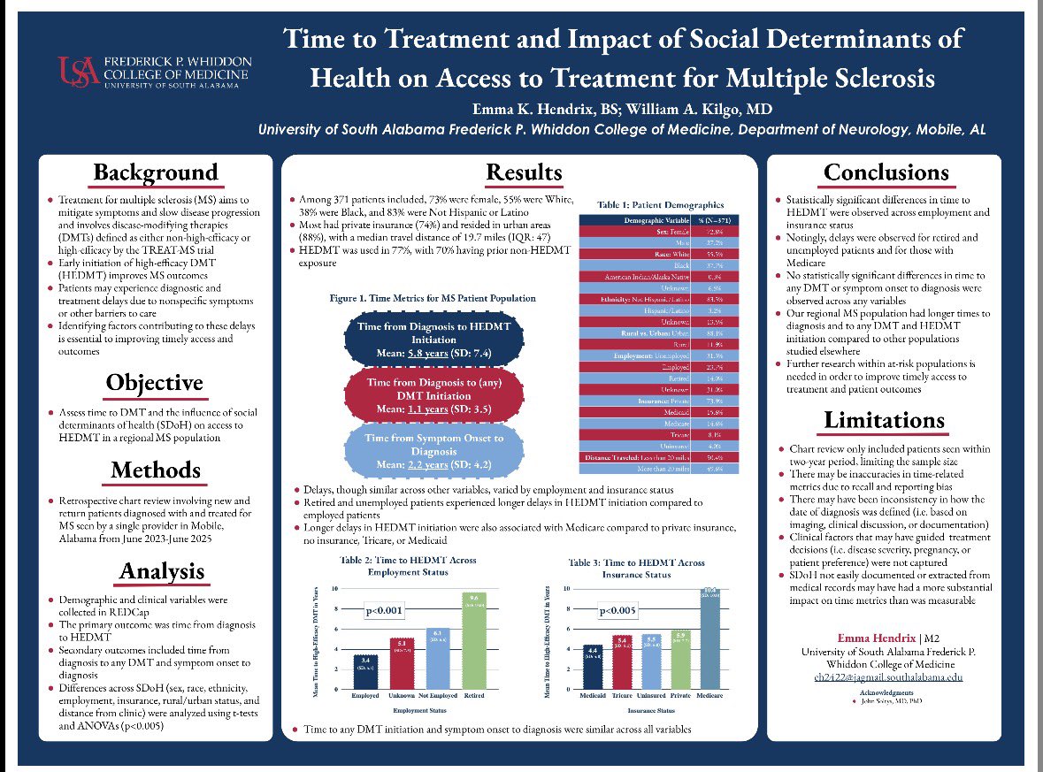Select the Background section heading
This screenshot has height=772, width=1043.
click(155, 172)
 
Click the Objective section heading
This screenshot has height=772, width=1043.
click(155, 383)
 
